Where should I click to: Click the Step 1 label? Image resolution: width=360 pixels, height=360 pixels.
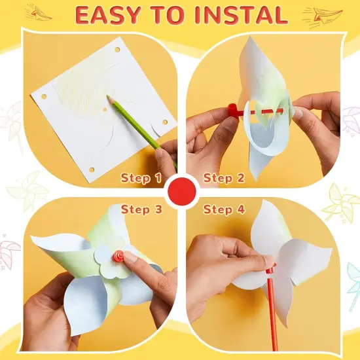141,178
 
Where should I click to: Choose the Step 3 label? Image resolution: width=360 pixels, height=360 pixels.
141,210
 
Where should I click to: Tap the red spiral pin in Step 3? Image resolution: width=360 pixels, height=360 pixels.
119,256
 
